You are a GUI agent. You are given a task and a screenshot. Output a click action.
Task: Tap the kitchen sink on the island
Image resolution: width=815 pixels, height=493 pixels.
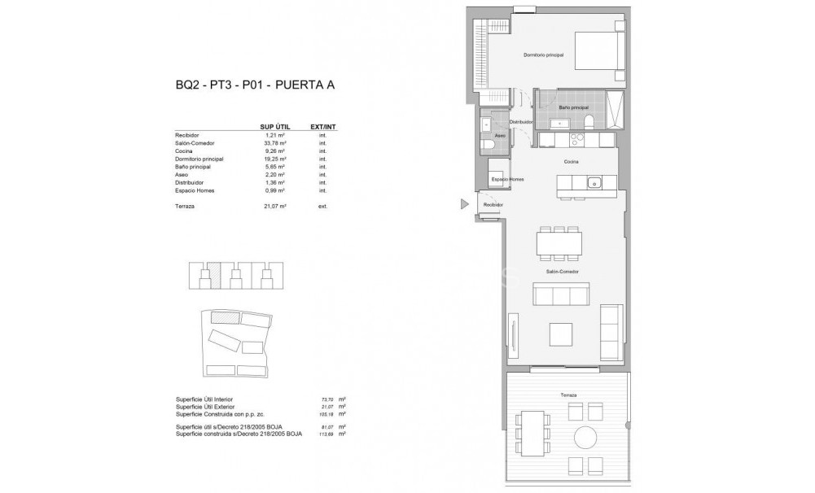coord(594,181)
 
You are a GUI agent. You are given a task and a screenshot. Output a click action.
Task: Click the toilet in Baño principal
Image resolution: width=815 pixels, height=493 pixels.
coord(587,123)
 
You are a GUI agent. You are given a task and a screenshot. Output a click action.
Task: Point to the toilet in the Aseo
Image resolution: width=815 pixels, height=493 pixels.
coord(488,145)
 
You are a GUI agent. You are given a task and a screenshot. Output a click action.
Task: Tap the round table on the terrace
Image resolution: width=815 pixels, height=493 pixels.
coord(585,438)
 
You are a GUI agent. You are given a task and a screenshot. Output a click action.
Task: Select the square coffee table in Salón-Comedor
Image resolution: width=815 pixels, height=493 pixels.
coord(560,334)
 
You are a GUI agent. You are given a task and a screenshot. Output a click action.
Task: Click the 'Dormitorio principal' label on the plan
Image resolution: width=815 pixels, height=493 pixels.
coord(543,55)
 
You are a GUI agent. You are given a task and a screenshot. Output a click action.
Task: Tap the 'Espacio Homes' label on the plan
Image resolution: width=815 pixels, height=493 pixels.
coord(506,178)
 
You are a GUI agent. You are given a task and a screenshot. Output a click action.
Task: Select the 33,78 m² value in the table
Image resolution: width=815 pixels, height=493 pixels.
coord(276,142)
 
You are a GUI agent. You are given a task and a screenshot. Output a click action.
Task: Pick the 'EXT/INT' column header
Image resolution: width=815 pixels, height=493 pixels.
coord(323,127)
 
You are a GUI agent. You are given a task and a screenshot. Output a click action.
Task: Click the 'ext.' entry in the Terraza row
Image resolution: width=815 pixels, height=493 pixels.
coord(323,207)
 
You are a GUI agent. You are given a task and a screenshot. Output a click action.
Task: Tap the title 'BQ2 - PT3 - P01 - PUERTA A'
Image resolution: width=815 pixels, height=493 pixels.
coord(256,85)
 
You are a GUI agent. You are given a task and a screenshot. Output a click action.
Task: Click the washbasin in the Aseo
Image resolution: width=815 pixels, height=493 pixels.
coord(486,124)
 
